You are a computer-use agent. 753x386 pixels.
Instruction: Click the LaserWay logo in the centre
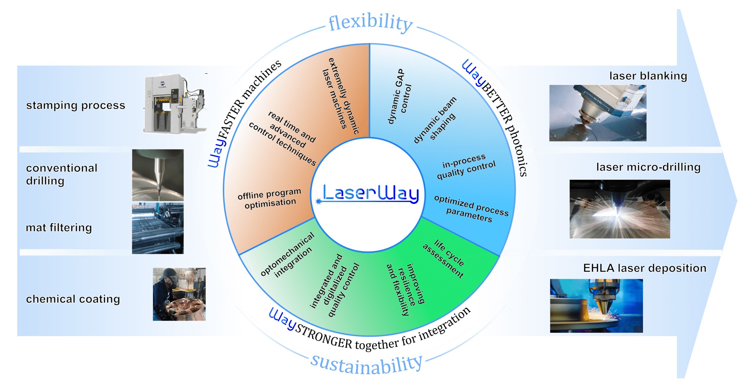370,193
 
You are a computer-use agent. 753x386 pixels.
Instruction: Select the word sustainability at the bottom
367,365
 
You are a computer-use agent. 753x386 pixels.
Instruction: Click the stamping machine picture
175,103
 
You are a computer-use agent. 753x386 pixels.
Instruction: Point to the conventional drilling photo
158,175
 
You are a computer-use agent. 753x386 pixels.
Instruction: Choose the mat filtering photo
158,228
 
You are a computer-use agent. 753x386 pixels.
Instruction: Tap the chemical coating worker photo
179,294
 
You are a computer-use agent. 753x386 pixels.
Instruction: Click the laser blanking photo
598,113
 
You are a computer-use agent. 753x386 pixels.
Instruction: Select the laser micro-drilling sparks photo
620,209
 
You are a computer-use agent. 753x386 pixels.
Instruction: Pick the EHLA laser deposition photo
596,306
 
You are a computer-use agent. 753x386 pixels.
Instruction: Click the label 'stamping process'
76,105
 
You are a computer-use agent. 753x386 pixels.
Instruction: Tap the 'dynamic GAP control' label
399,96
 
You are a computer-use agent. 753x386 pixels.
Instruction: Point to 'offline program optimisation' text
270,198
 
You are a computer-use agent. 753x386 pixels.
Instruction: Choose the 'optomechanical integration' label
287,255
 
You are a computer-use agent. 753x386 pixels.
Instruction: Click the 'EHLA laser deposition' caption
645,268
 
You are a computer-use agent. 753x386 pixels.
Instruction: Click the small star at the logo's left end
318,201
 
